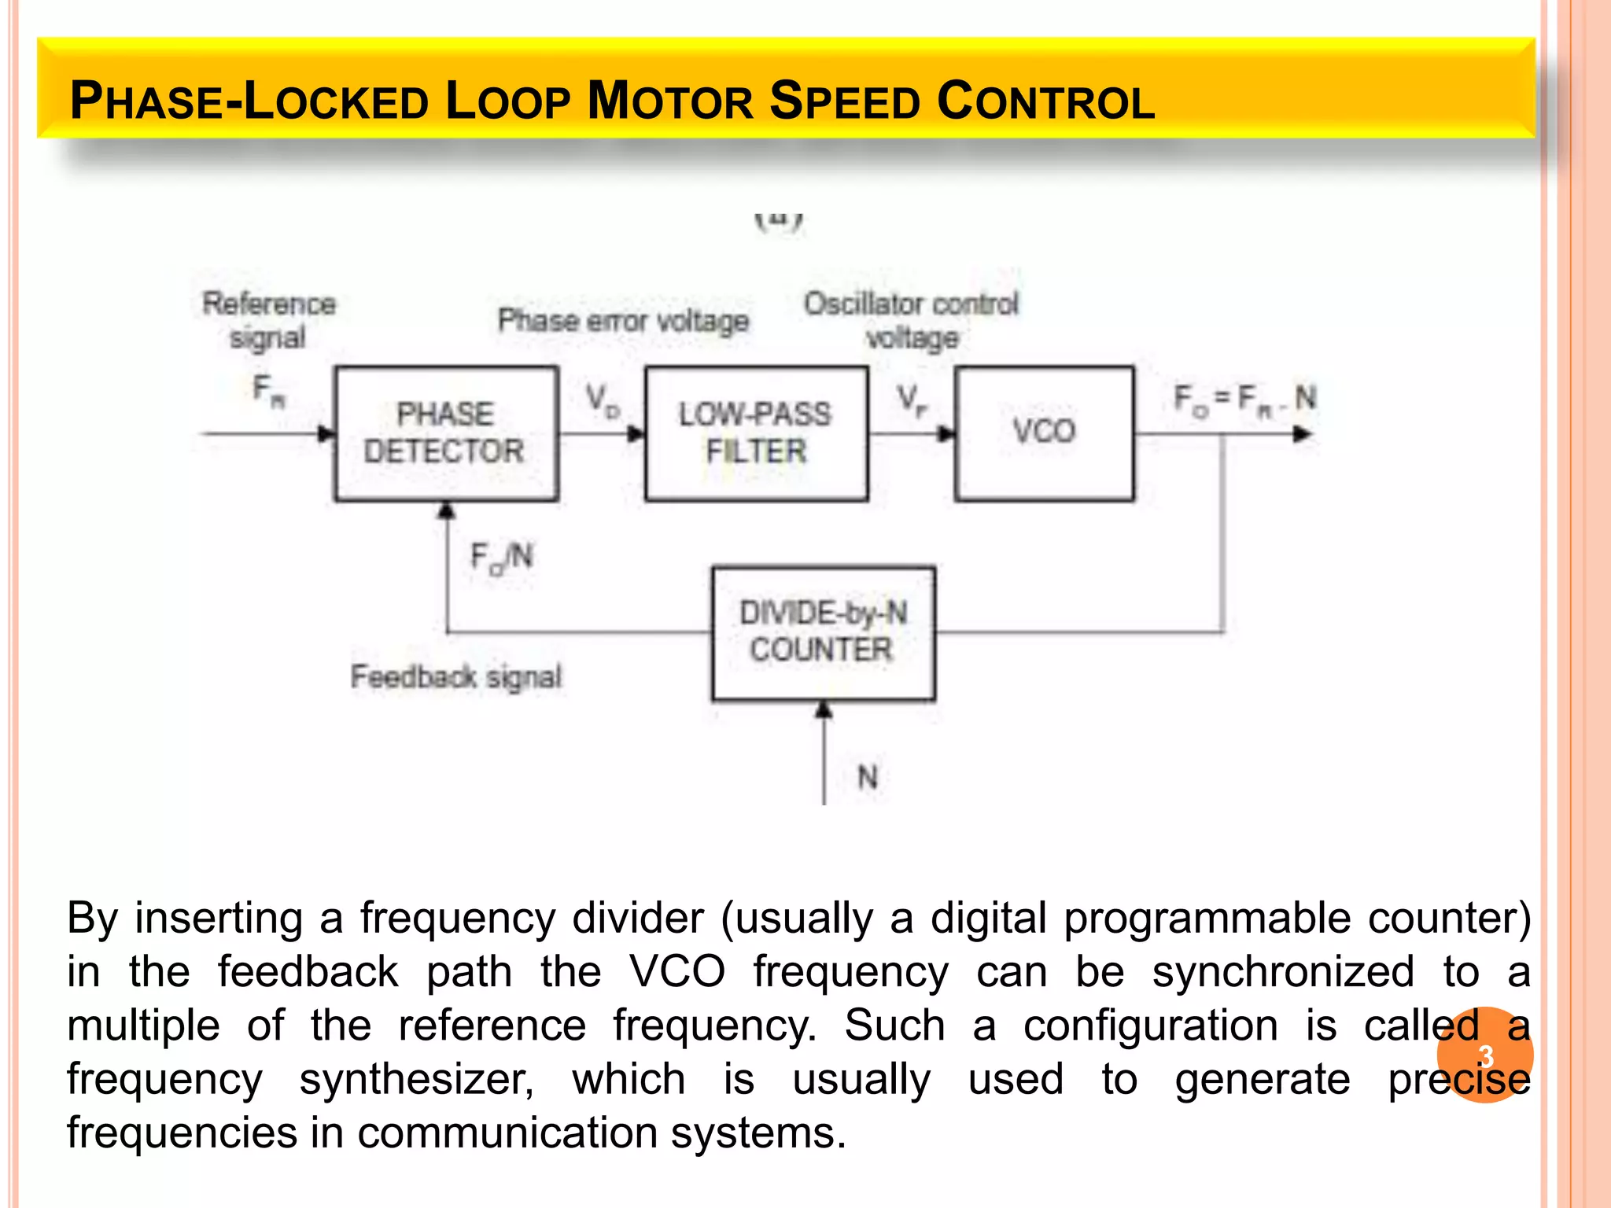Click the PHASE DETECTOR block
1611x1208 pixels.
[x=446, y=433]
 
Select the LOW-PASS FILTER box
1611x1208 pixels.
[x=756, y=433]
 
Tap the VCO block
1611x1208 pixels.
[x=1044, y=433]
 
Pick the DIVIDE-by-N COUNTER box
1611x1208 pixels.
[x=823, y=632]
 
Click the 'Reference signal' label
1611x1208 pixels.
[x=269, y=320]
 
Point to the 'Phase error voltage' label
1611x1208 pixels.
[x=623, y=321]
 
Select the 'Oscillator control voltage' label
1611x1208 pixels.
[x=911, y=320]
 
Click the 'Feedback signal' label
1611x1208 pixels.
[x=456, y=676]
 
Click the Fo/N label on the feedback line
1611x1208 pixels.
[x=501, y=558]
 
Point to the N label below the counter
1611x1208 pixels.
[x=867, y=777]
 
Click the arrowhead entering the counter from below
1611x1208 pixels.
[x=824, y=709]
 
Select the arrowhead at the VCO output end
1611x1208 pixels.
[x=1303, y=434]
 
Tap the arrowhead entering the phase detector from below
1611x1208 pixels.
[x=447, y=510]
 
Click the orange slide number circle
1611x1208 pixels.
[x=1484, y=1055]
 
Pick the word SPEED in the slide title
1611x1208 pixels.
[x=844, y=101]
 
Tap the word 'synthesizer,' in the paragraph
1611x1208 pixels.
[x=417, y=1079]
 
